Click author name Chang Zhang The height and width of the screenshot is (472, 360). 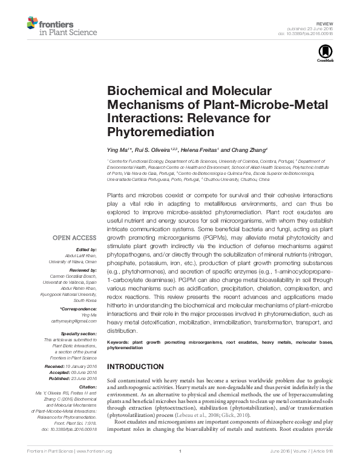pos(243,149)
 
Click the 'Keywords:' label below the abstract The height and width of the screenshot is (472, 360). pos(119,343)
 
